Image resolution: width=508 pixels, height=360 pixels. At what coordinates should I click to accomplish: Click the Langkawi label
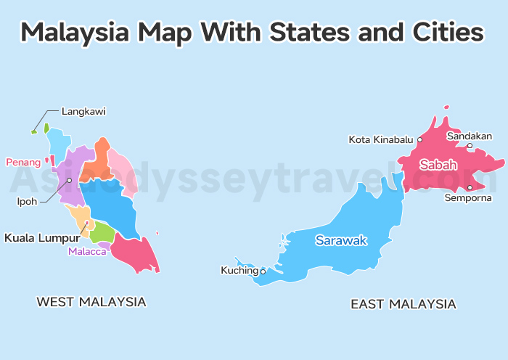(x=83, y=111)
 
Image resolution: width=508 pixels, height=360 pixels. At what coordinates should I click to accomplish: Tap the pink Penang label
(x=23, y=162)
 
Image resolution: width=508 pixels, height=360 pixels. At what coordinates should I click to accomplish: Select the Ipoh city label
(x=27, y=201)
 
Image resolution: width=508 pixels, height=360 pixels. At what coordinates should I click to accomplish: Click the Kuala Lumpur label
(x=41, y=237)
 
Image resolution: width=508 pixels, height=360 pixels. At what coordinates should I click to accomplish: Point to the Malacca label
(x=87, y=252)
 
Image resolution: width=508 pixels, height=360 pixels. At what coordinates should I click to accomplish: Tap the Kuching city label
(x=239, y=271)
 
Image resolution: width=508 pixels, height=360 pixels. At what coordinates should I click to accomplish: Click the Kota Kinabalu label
(x=381, y=139)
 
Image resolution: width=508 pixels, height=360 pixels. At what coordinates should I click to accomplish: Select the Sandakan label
(x=470, y=136)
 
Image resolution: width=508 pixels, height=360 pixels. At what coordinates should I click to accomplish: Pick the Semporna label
(x=468, y=197)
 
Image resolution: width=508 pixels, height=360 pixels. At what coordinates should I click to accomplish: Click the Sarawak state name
(x=341, y=240)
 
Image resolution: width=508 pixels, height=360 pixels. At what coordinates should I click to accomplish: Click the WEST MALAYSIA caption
(x=91, y=301)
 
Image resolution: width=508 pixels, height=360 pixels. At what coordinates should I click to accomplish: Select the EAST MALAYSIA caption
(x=403, y=304)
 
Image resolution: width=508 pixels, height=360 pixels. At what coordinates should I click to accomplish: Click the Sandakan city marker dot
(x=470, y=146)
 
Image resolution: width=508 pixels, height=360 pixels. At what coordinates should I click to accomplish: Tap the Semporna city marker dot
(x=470, y=187)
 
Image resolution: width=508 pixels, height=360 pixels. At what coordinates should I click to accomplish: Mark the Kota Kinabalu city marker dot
(x=419, y=139)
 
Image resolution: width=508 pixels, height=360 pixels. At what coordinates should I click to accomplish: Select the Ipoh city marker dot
(x=70, y=180)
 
